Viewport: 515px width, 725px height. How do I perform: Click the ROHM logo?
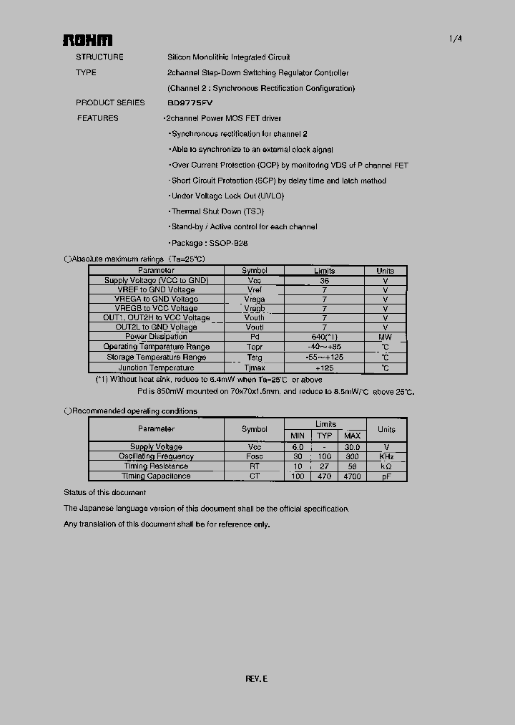coord(87,40)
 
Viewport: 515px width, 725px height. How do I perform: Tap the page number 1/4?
coord(456,39)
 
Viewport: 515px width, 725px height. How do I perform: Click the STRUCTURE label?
coord(99,57)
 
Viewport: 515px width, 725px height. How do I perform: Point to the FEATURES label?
coord(98,118)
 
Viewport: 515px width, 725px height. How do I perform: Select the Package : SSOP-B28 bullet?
coord(209,244)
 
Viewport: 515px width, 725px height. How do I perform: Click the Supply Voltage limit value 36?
coord(324,281)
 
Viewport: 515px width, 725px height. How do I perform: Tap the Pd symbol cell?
coord(254,337)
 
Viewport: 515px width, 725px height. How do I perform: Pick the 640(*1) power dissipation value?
coord(324,337)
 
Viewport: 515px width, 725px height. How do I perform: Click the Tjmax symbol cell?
coord(254,368)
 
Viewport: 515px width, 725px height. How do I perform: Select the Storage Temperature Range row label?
coord(156,357)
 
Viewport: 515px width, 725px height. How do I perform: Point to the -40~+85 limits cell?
coord(324,347)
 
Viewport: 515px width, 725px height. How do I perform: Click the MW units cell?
coord(385,337)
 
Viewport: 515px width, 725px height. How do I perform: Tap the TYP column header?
coord(325,436)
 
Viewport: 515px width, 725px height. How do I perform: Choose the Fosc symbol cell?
coord(254,456)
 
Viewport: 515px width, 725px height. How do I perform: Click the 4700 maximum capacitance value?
coord(352,476)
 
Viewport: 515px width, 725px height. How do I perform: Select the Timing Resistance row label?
coord(156,466)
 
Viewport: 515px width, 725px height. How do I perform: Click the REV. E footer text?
coord(257,679)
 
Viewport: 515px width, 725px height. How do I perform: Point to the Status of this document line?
coord(104,493)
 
